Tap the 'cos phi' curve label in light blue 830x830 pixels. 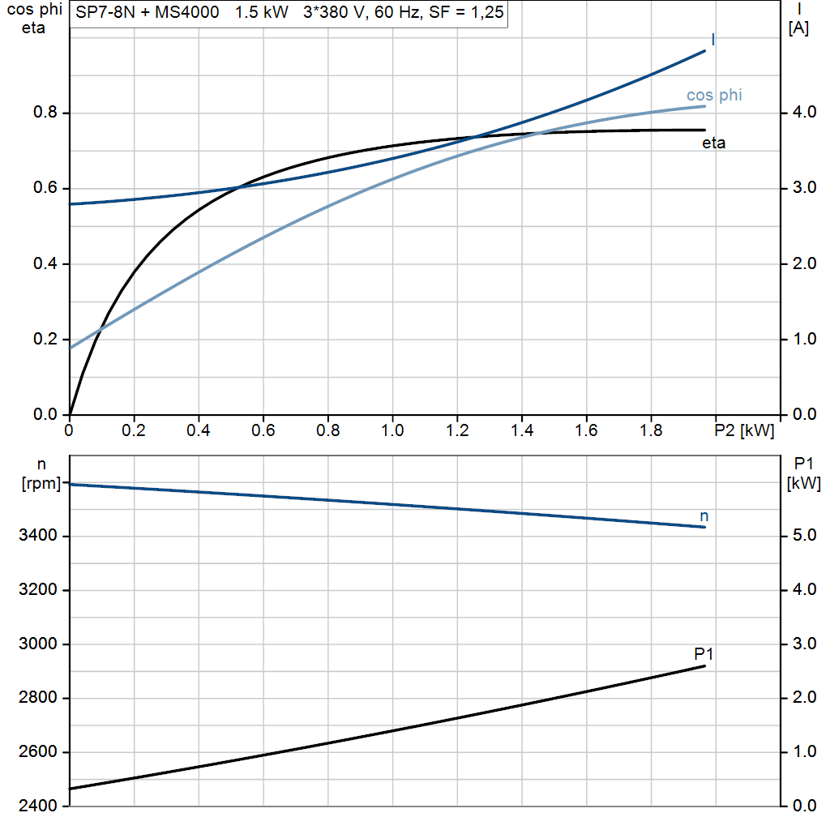[713, 96]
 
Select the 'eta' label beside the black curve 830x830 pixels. [713, 143]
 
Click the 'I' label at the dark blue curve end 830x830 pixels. [712, 40]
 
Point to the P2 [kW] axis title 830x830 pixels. [744, 430]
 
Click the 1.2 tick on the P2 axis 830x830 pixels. [457, 430]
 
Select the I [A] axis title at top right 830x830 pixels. [798, 20]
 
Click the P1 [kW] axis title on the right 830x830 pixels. [803, 474]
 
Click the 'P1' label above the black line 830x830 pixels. [704, 653]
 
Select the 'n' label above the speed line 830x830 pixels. [704, 516]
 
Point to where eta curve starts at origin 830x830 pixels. [71, 414]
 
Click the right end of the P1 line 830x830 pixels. [704, 666]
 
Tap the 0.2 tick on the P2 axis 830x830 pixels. [134, 430]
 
